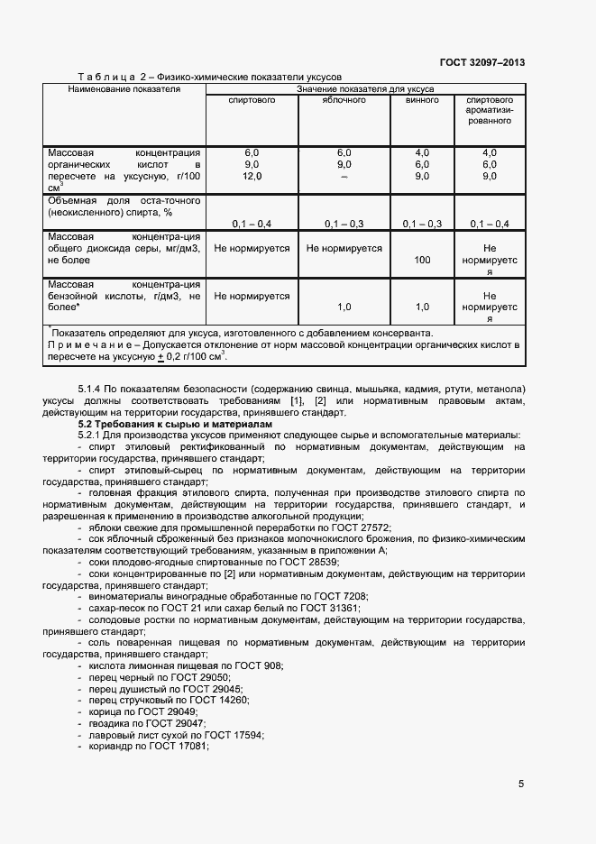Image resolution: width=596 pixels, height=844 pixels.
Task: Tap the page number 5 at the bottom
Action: (521, 784)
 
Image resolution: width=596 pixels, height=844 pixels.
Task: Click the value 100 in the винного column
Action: (422, 260)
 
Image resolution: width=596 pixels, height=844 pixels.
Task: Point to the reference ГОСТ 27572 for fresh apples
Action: (357, 527)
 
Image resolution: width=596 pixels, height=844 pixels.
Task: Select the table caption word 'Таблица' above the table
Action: (106, 78)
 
